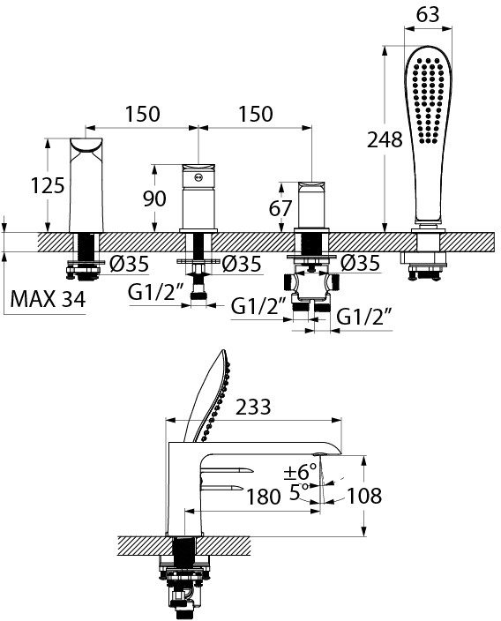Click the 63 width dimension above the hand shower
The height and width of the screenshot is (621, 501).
pyautogui.click(x=428, y=15)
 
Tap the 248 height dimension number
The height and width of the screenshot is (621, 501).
pyautogui.click(x=385, y=139)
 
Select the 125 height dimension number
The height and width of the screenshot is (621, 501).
pyautogui.click(x=48, y=185)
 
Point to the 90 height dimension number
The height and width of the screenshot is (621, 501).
pyautogui.click(x=154, y=198)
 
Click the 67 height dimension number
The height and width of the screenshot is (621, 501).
pyautogui.click(x=280, y=208)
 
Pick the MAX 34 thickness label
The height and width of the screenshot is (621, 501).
pyautogui.click(x=48, y=299)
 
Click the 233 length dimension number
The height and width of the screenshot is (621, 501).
pyautogui.click(x=253, y=407)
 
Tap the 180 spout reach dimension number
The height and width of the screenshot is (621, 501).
pyautogui.click(x=264, y=497)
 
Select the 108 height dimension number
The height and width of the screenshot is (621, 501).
pyautogui.click(x=364, y=496)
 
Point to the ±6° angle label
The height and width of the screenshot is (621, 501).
pyautogui.click(x=300, y=472)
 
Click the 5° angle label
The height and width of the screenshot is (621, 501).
pyautogui.click(x=298, y=492)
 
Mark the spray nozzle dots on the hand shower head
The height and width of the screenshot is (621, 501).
pyautogui.click(x=428, y=101)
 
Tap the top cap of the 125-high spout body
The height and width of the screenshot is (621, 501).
pyautogui.click(x=86, y=145)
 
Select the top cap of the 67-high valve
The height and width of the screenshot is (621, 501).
pyautogui.click(x=310, y=185)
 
